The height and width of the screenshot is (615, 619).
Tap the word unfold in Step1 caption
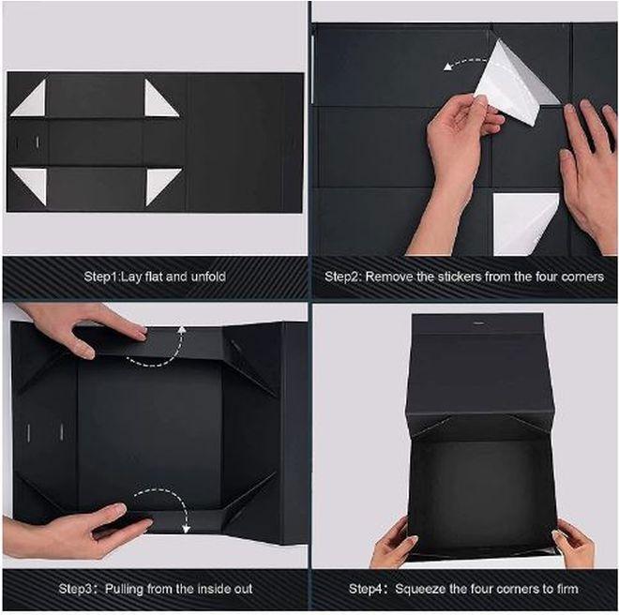pyautogui.click(x=208, y=277)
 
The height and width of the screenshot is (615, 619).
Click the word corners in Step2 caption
pyautogui.click(x=581, y=277)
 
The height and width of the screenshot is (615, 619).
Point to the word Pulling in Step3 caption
pyautogui.click(x=124, y=589)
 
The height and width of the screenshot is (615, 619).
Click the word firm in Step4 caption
pyautogui.click(x=567, y=589)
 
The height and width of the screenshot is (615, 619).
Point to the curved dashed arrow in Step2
pyautogui.click(x=464, y=62)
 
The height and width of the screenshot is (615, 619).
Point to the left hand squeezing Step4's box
pyautogui.click(x=394, y=545)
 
